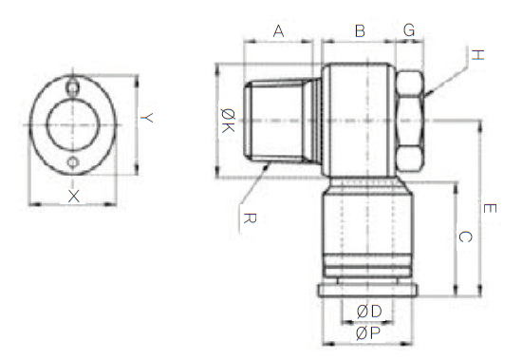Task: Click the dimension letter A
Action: pos(278,31)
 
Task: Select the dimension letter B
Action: pos(360,30)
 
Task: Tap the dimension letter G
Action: pos(409,30)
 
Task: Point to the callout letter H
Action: pos(477,55)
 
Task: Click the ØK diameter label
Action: pos(228,121)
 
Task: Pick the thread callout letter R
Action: pos(250,218)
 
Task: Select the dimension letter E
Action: pos(490,209)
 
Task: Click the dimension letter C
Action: pos(465,237)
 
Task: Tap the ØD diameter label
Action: pos(369,312)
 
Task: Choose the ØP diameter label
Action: pos(368,333)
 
